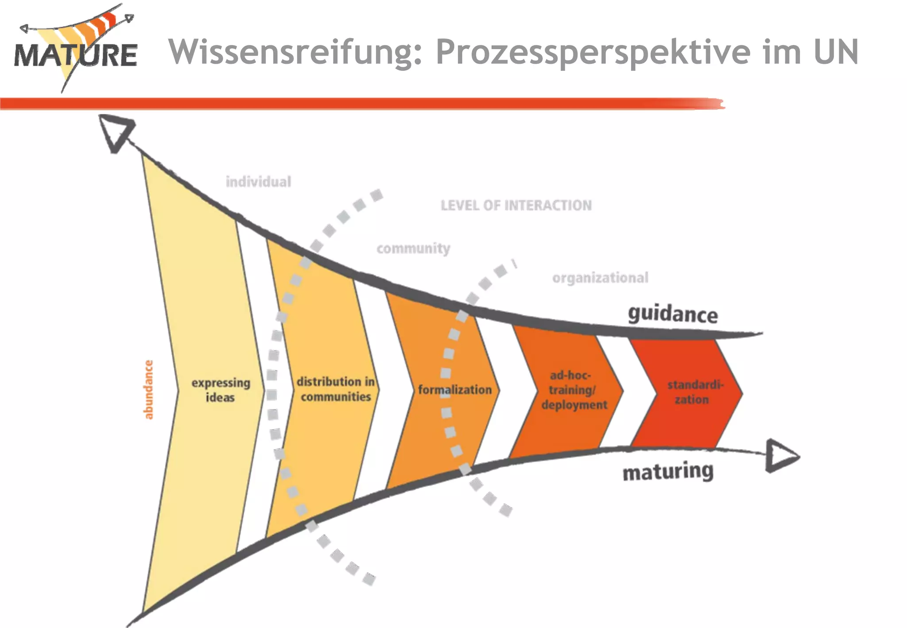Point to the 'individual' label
click(x=258, y=182)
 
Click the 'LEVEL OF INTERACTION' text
click(x=516, y=205)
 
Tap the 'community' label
click(x=413, y=248)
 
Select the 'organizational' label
click(x=600, y=278)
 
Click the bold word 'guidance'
click(x=673, y=314)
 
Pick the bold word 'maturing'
click(x=668, y=472)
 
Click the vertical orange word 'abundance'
click(x=148, y=390)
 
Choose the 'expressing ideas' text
click(x=221, y=390)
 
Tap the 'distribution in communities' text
click(x=336, y=389)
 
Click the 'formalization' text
click(x=455, y=390)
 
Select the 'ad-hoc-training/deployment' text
click(x=574, y=390)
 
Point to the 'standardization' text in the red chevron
click(x=694, y=392)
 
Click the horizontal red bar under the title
click(x=354, y=104)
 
